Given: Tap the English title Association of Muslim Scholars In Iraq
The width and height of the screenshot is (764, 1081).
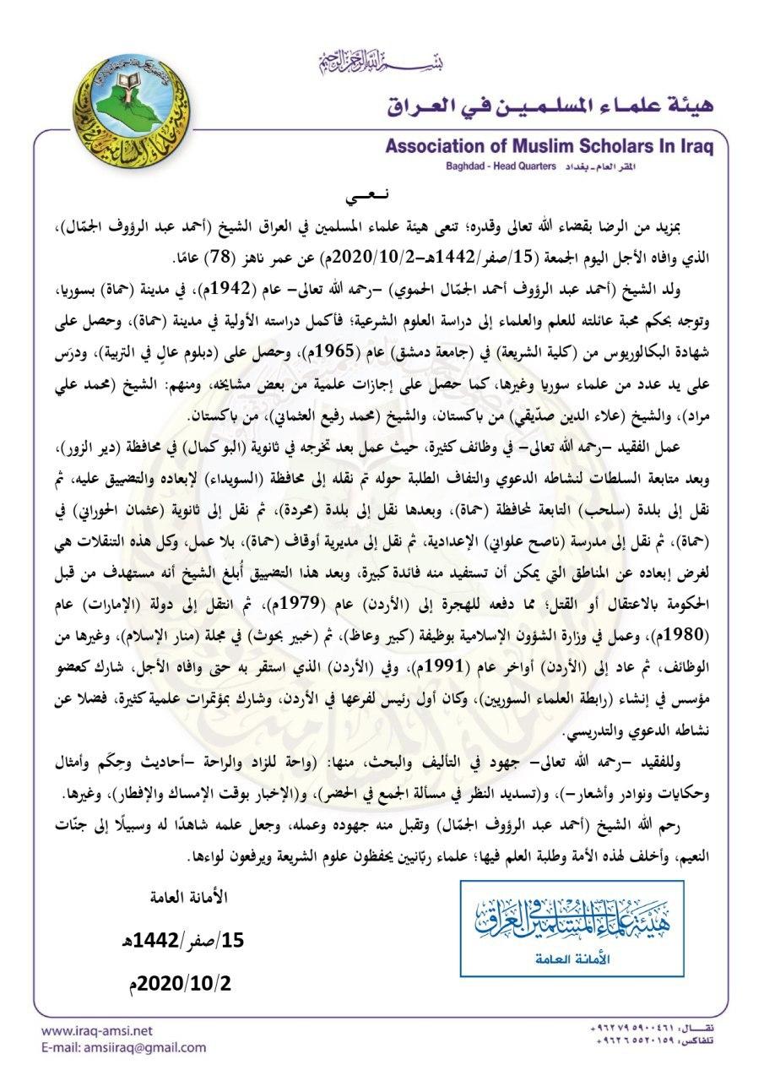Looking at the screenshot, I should click(549, 146).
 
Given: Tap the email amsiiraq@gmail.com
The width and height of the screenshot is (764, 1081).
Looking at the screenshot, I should click(122, 1048).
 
